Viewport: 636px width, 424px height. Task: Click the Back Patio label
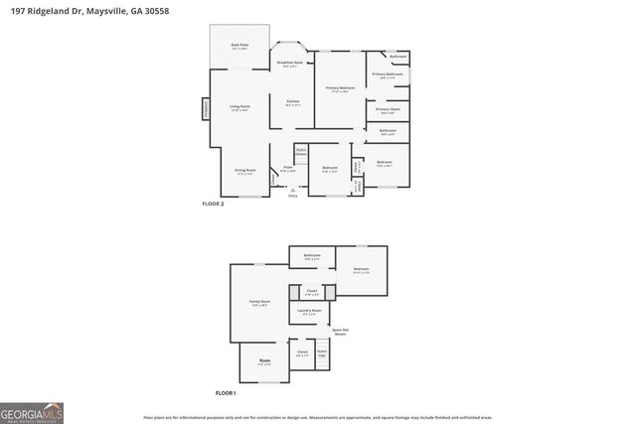(238, 46)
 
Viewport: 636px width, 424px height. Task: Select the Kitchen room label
(293, 102)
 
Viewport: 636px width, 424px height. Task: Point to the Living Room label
(239, 107)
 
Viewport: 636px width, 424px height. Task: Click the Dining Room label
(244, 171)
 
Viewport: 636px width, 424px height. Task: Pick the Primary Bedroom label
(341, 89)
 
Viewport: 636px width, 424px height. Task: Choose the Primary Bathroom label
(388, 74)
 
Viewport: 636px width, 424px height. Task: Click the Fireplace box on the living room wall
(207, 107)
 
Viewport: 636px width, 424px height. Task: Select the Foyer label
(287, 169)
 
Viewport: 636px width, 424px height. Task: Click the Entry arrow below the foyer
(292, 190)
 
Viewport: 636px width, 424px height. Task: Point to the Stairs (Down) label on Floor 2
(300, 153)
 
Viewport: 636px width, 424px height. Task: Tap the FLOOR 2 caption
(214, 204)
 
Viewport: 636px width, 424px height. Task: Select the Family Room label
(260, 303)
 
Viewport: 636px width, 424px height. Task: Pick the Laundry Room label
(309, 312)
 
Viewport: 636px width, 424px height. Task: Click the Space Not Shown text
(340, 333)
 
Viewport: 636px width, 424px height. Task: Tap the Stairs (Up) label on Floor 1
(322, 353)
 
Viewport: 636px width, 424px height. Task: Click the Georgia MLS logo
(32, 412)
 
